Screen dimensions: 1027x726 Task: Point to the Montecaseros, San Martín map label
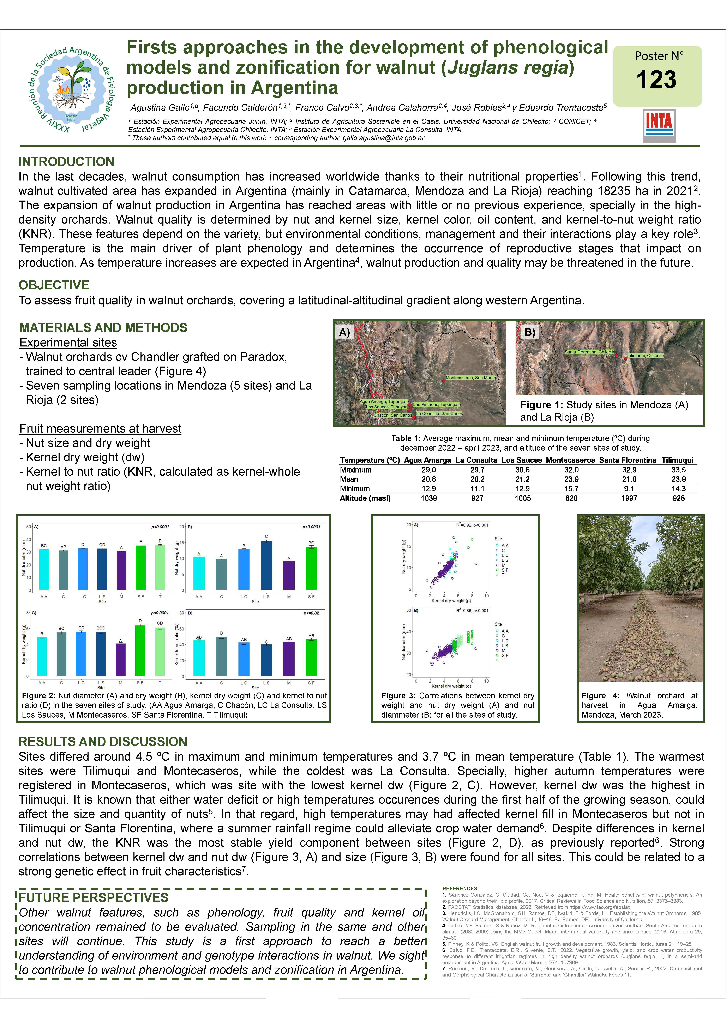click(x=471, y=378)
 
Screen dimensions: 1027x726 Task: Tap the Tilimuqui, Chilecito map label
click(x=646, y=356)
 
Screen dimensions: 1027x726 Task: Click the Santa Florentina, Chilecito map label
click(x=589, y=352)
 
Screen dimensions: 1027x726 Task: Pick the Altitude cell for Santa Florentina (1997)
click(x=629, y=498)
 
